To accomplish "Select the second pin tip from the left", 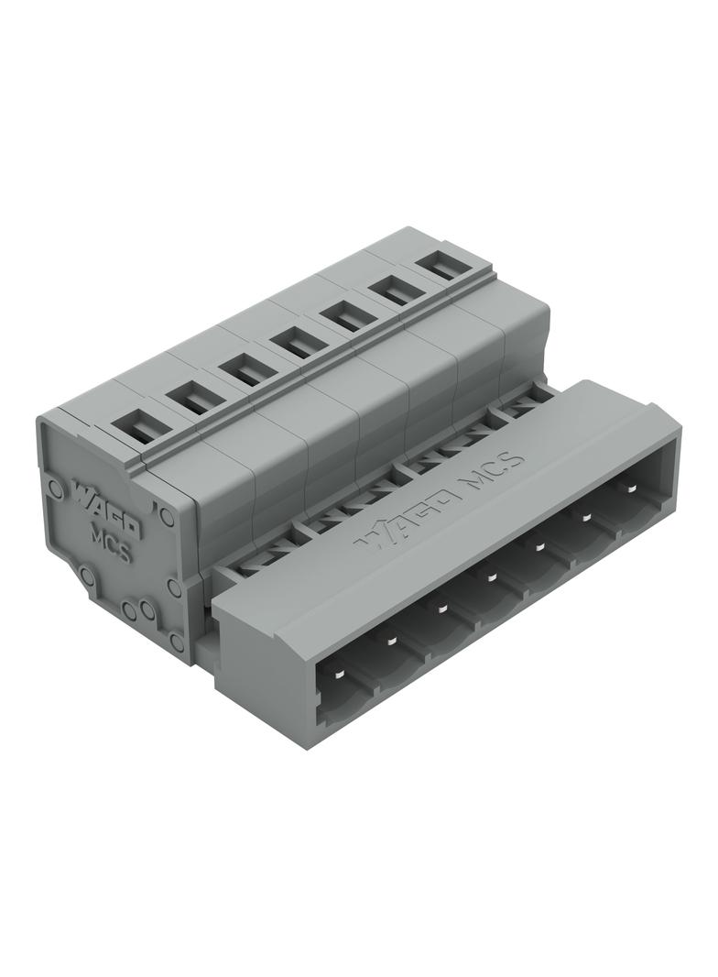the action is [x=391, y=641].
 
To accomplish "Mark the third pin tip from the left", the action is [x=442, y=609].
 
